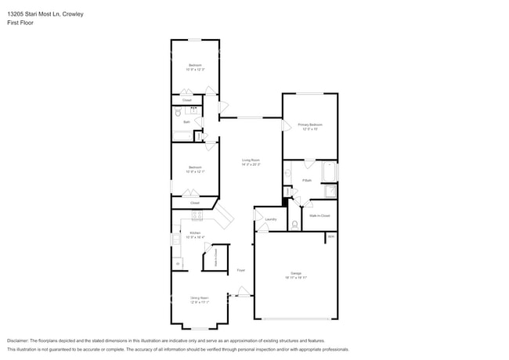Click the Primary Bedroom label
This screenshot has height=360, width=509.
coord(310,124)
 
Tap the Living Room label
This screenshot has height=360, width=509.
coord(251,160)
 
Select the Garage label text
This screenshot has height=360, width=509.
coord(296,273)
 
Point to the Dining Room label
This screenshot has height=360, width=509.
coord(199,297)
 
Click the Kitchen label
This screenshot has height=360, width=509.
coord(195,233)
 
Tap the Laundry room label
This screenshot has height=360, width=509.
coord(271,219)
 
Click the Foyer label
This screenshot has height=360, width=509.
coord(241,270)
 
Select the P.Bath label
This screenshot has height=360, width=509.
coord(308,180)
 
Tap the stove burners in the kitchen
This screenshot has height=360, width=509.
coord(197,215)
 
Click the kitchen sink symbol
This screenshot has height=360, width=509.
coord(176,239)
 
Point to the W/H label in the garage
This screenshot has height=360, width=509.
coord(331,236)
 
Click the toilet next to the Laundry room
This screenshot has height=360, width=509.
coord(294,224)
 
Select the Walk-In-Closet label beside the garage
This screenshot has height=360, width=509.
coord(319,214)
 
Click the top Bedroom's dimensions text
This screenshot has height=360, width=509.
coord(194,70)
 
